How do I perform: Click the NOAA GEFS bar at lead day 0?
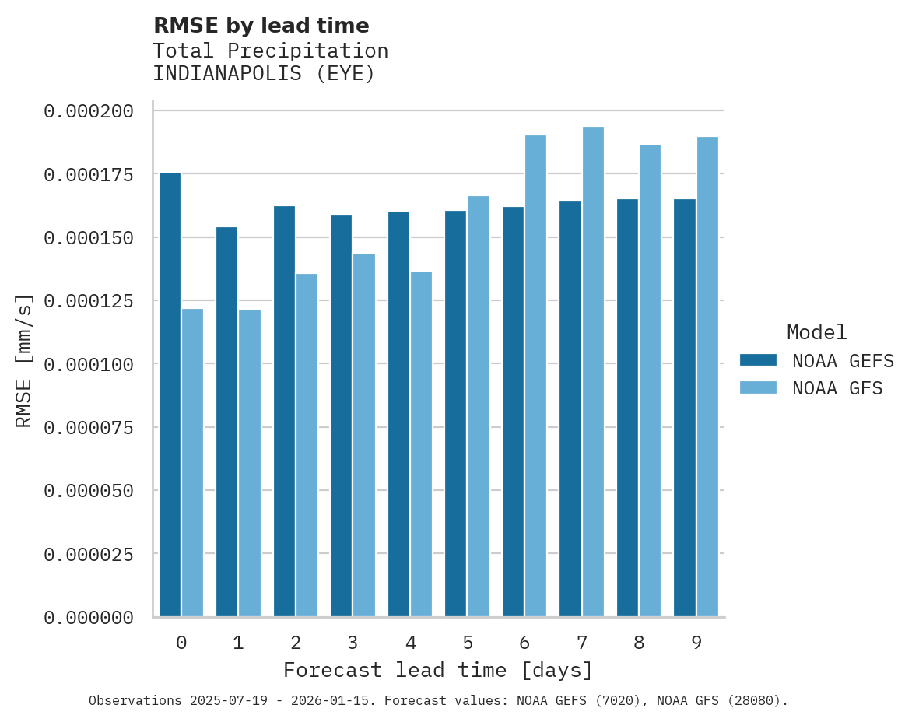170,394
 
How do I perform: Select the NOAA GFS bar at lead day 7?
593,372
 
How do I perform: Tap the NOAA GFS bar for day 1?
250,463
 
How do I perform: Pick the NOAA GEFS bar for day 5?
456,413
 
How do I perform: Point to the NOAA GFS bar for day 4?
422,443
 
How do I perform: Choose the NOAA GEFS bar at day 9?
685,408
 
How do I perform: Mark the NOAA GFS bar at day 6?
535,376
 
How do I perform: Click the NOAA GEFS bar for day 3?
341,415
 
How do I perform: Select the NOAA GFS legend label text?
837,388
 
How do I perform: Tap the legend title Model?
816,333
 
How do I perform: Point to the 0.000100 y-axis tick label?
89,364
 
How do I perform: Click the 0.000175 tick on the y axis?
89,174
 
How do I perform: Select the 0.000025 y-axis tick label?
89,554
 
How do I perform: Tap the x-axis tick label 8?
639,643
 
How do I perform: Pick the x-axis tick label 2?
296,643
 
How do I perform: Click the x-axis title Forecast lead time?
437,670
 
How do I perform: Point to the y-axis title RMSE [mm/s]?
24,361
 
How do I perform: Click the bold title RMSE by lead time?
261,26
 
